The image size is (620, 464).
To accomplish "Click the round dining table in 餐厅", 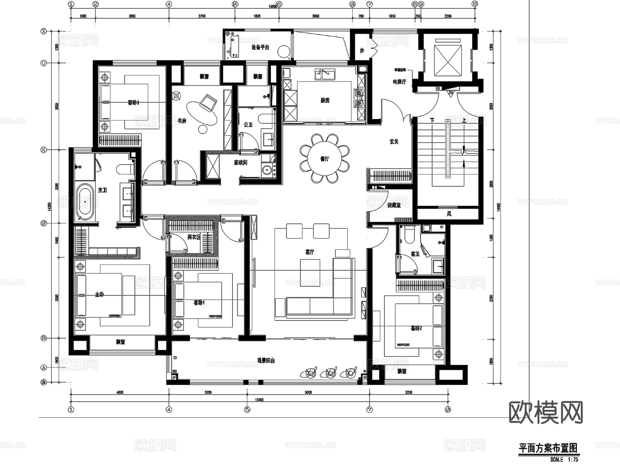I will click(324, 159).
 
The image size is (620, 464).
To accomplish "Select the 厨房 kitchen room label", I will click(325, 100).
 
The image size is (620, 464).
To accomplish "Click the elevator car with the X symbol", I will click(447, 61).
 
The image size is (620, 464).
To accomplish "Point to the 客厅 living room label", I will click(309, 252).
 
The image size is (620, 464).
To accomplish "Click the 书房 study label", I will click(182, 121).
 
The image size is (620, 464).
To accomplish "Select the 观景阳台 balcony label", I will click(266, 361).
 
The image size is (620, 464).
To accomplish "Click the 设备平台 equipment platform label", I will click(260, 47).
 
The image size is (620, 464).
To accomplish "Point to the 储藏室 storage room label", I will click(394, 205).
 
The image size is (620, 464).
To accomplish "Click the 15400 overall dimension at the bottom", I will click(259, 400).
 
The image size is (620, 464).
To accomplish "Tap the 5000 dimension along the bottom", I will click(308, 392).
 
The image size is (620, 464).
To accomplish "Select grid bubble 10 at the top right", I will click(475, 4).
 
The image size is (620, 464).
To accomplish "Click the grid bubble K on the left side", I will click(44, 150).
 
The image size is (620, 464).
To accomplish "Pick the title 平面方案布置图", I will click(548, 448).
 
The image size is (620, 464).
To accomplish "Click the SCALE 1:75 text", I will click(564, 460).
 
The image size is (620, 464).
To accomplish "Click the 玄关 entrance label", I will click(394, 142).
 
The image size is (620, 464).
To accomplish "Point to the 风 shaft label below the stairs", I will click(449, 214).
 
